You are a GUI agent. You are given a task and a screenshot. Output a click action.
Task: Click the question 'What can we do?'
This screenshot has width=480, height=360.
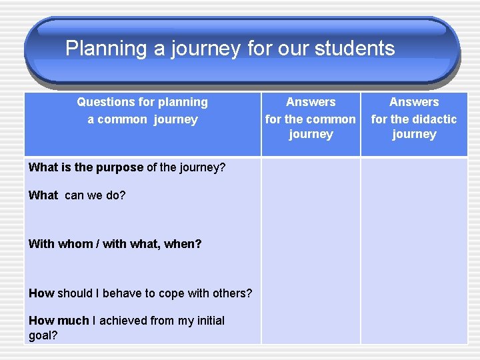(77, 195)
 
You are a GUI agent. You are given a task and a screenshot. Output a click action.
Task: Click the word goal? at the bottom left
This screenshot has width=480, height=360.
(43, 335)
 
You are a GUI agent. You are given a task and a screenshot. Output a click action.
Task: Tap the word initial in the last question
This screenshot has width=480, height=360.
(206, 321)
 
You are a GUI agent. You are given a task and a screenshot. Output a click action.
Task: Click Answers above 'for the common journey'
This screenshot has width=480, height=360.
(311, 102)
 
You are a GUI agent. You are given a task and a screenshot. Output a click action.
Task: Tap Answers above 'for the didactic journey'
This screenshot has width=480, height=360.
(414, 102)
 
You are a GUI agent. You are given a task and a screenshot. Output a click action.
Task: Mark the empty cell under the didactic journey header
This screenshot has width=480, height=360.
(414, 250)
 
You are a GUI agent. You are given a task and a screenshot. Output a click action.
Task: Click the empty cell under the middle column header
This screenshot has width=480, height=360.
(311, 250)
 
